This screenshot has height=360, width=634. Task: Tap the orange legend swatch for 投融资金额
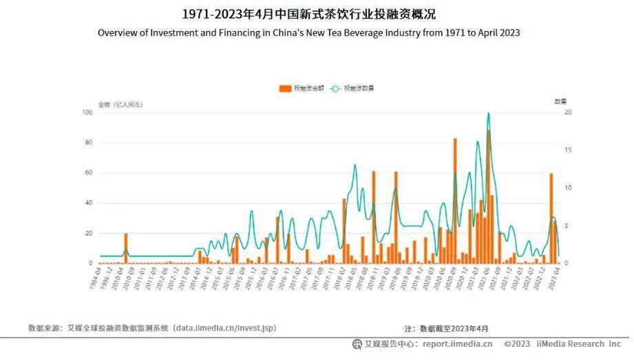coord(285,88)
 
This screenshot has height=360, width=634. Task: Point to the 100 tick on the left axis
coord(87,112)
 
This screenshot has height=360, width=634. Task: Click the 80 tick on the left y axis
coord(88,142)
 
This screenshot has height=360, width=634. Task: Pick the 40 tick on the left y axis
coord(88,203)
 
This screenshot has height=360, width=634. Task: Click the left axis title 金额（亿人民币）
coord(120,104)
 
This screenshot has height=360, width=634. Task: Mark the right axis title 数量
coord(560,102)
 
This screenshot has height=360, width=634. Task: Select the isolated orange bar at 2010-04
coord(126,248)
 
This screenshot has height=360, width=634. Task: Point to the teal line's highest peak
coord(489,114)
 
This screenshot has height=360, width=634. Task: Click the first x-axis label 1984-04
coord(94,279)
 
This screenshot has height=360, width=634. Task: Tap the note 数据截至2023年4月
coord(454,329)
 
